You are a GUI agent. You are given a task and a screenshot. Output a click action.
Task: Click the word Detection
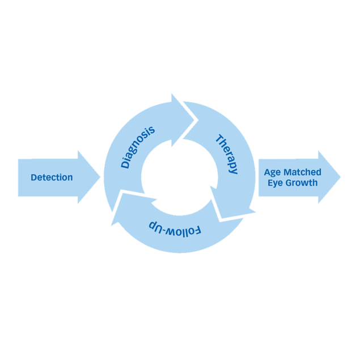52,177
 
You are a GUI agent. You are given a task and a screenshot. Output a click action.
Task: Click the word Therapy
227,154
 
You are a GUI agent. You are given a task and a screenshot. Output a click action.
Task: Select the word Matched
303,172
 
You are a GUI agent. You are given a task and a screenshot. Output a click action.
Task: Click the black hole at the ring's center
179,177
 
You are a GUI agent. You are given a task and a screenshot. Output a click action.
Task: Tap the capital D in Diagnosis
125,164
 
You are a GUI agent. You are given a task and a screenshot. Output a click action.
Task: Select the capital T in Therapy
218,139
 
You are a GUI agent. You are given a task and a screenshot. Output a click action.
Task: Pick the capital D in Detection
34,177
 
